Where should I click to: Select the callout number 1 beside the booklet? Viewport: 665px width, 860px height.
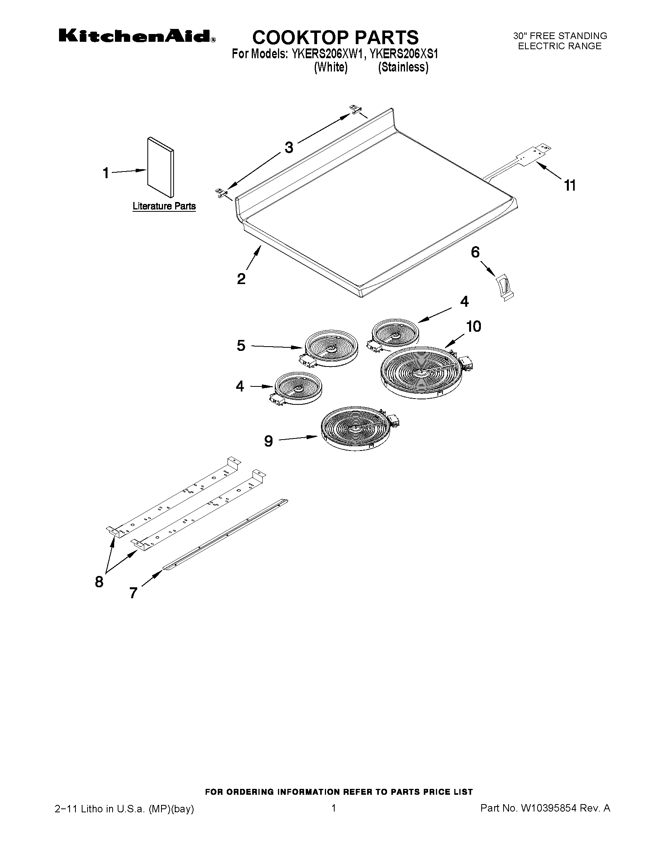tap(106, 173)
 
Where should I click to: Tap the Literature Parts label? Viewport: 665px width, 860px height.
tap(164, 206)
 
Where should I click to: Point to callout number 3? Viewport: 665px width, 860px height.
tap(289, 148)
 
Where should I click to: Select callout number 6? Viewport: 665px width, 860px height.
tap(475, 252)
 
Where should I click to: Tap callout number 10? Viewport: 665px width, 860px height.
tap(473, 326)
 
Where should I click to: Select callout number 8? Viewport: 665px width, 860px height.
tap(99, 581)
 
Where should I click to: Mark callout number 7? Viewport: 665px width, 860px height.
tap(134, 593)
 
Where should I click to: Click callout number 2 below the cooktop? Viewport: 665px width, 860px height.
tap(241, 279)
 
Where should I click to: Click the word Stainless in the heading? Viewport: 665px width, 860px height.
tap(403, 67)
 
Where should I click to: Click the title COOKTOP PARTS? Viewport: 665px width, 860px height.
tap(335, 38)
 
